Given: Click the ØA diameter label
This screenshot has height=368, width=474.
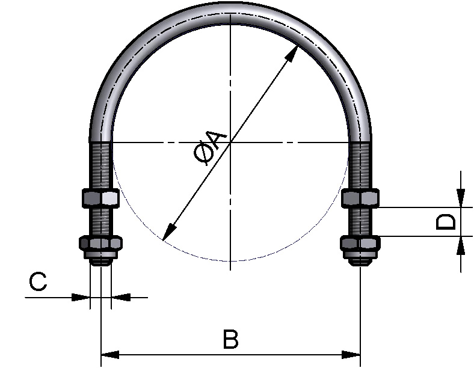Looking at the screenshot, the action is pyautogui.click(x=210, y=148).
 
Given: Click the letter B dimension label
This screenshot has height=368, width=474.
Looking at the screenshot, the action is pyautogui.click(x=230, y=339).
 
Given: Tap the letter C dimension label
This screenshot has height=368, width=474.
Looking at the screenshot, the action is pyautogui.click(x=38, y=281).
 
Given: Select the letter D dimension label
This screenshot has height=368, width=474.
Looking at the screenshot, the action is pyautogui.click(x=446, y=222).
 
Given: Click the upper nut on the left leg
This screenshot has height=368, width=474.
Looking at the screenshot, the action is pyautogui.click(x=100, y=198).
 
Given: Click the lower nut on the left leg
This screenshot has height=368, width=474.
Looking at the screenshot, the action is pyautogui.click(x=100, y=243).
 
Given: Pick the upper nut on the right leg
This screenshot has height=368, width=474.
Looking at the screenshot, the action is pyautogui.click(x=360, y=198).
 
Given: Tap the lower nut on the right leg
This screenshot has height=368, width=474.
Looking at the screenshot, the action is pyautogui.click(x=360, y=243).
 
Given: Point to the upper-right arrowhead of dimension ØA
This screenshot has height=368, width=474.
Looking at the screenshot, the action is pyautogui.click(x=292, y=54).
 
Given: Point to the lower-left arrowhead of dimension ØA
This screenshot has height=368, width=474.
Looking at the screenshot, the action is pyautogui.click(x=169, y=233).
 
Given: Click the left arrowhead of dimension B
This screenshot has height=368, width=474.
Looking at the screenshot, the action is pyautogui.click(x=109, y=355).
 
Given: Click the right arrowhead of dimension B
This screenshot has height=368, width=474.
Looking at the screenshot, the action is pyautogui.click(x=351, y=355).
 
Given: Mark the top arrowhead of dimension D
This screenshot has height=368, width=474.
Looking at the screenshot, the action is pyautogui.click(x=460, y=198).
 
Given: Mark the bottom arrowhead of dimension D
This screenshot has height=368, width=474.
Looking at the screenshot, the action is pyautogui.click(x=460, y=245).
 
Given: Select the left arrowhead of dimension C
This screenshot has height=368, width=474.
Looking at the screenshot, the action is pyautogui.click(x=81, y=297).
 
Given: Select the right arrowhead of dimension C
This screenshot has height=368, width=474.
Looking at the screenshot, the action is pyautogui.click(x=121, y=297).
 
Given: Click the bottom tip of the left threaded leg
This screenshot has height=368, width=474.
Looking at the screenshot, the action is pyautogui.click(x=100, y=266).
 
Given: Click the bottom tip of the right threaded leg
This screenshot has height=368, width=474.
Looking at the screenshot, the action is pyautogui.click(x=360, y=266).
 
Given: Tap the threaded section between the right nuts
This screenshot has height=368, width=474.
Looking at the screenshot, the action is pyautogui.click(x=360, y=222).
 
